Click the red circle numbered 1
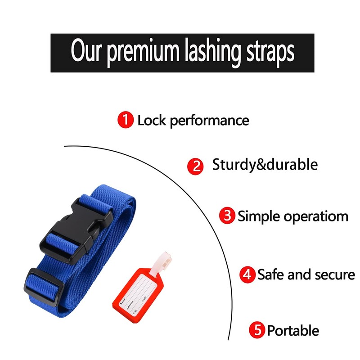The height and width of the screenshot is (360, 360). pyautogui.click(x=126, y=120)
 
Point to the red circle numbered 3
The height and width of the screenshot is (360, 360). pyautogui.click(x=227, y=216)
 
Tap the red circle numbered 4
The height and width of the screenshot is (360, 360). pyautogui.click(x=247, y=274)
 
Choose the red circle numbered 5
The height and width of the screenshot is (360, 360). pyautogui.click(x=258, y=331)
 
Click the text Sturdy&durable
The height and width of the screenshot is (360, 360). pyautogui.click(x=265, y=164)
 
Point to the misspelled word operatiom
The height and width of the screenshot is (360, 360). pyautogui.click(x=316, y=216)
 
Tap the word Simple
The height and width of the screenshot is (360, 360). pyautogui.click(x=259, y=216)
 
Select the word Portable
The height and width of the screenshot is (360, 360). pyautogui.click(x=293, y=331)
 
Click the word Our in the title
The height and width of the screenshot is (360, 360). pyautogui.click(x=85, y=52)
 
